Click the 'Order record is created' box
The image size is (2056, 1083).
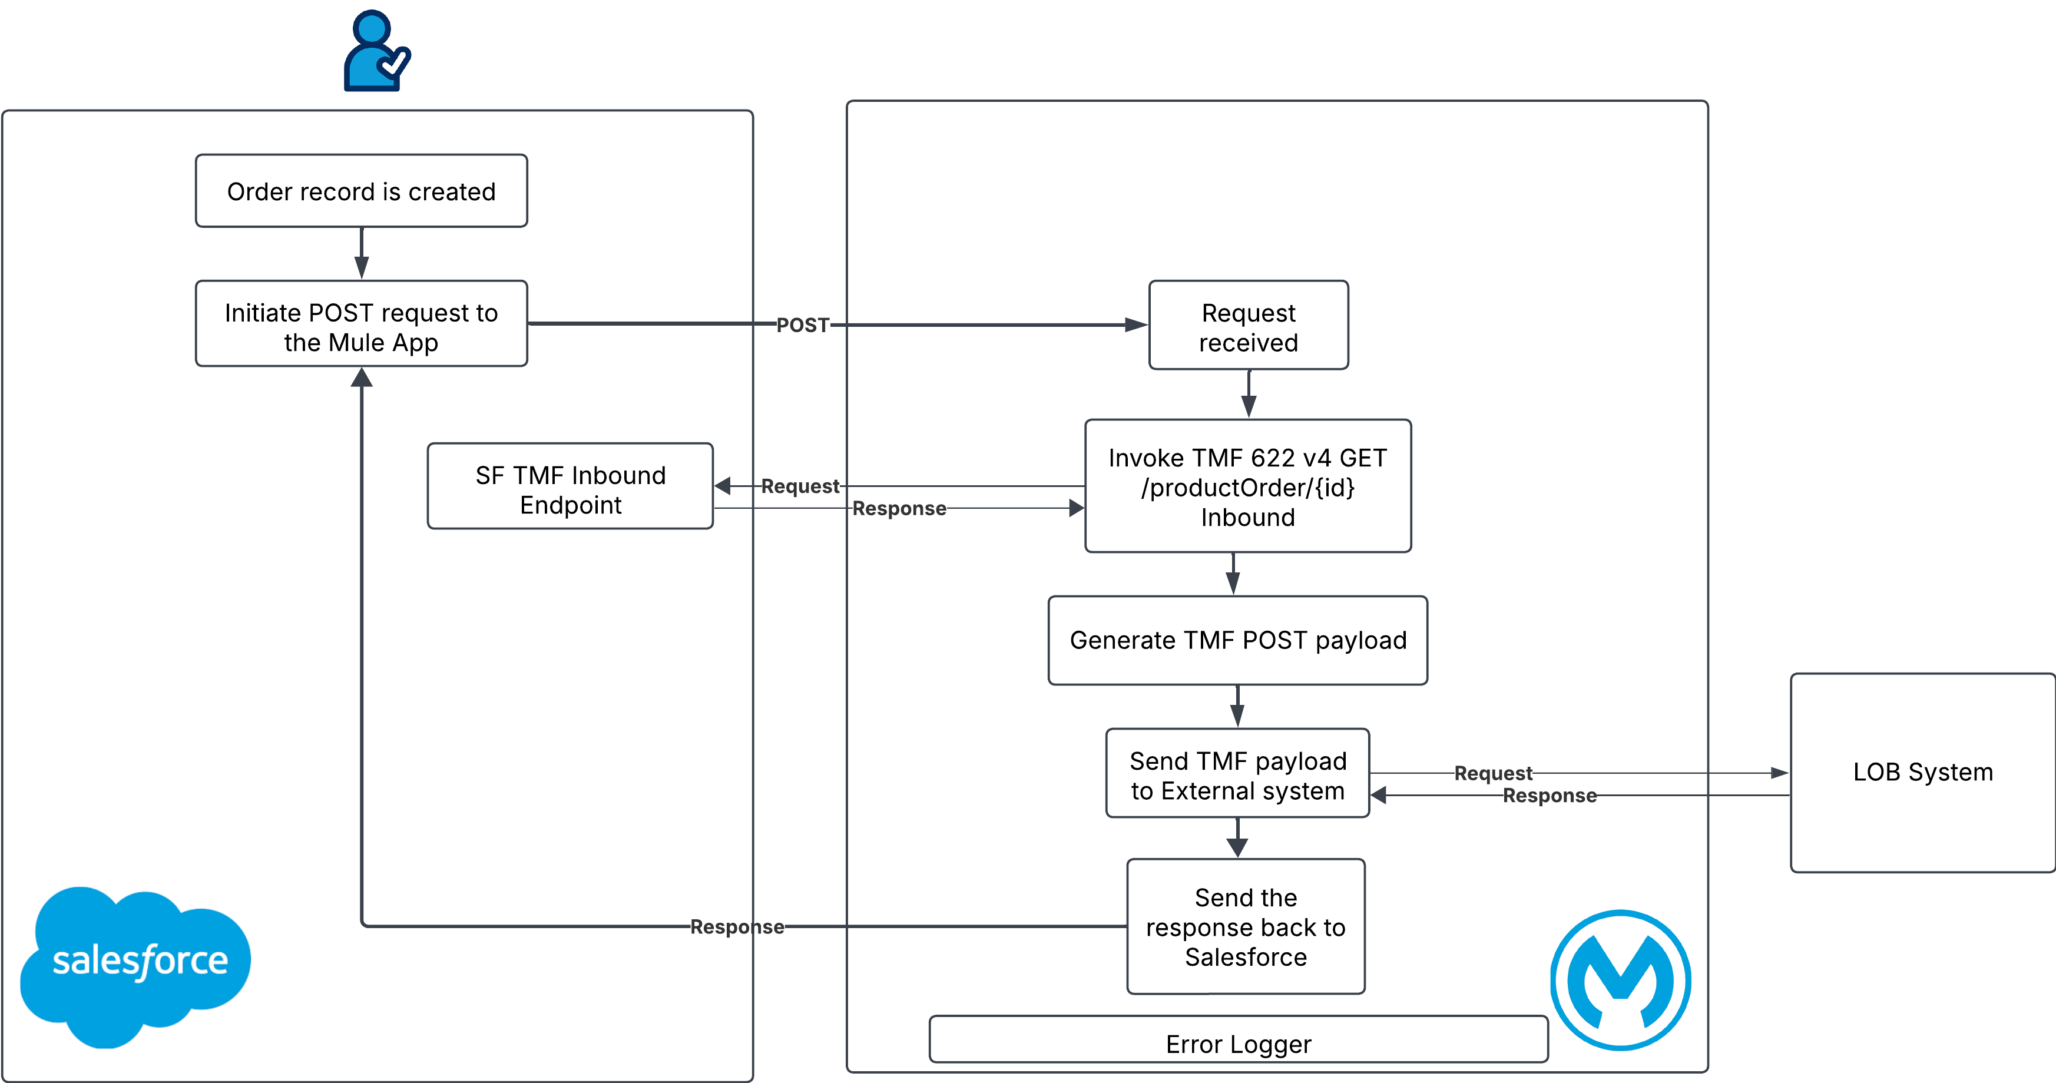coord(361,191)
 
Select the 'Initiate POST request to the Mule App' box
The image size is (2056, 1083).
coord(361,324)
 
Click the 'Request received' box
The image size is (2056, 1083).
coord(1249,326)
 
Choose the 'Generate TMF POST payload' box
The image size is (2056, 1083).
coord(1237,640)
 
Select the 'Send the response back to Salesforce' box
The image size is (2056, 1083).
coord(1245,926)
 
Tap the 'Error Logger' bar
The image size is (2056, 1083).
coord(1238,1041)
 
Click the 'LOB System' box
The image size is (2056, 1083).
coord(1923,773)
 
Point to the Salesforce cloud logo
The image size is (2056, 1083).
coord(135,963)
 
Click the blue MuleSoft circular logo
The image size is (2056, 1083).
coord(1620,980)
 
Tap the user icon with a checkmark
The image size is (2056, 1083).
coord(377,50)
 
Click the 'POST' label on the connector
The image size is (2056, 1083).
coord(803,325)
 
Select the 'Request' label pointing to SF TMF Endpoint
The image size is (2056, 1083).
coord(800,486)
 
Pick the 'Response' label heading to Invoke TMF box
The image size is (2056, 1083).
coord(899,508)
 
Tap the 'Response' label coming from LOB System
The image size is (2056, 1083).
coord(1549,796)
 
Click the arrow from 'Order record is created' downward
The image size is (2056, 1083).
coord(362,253)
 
